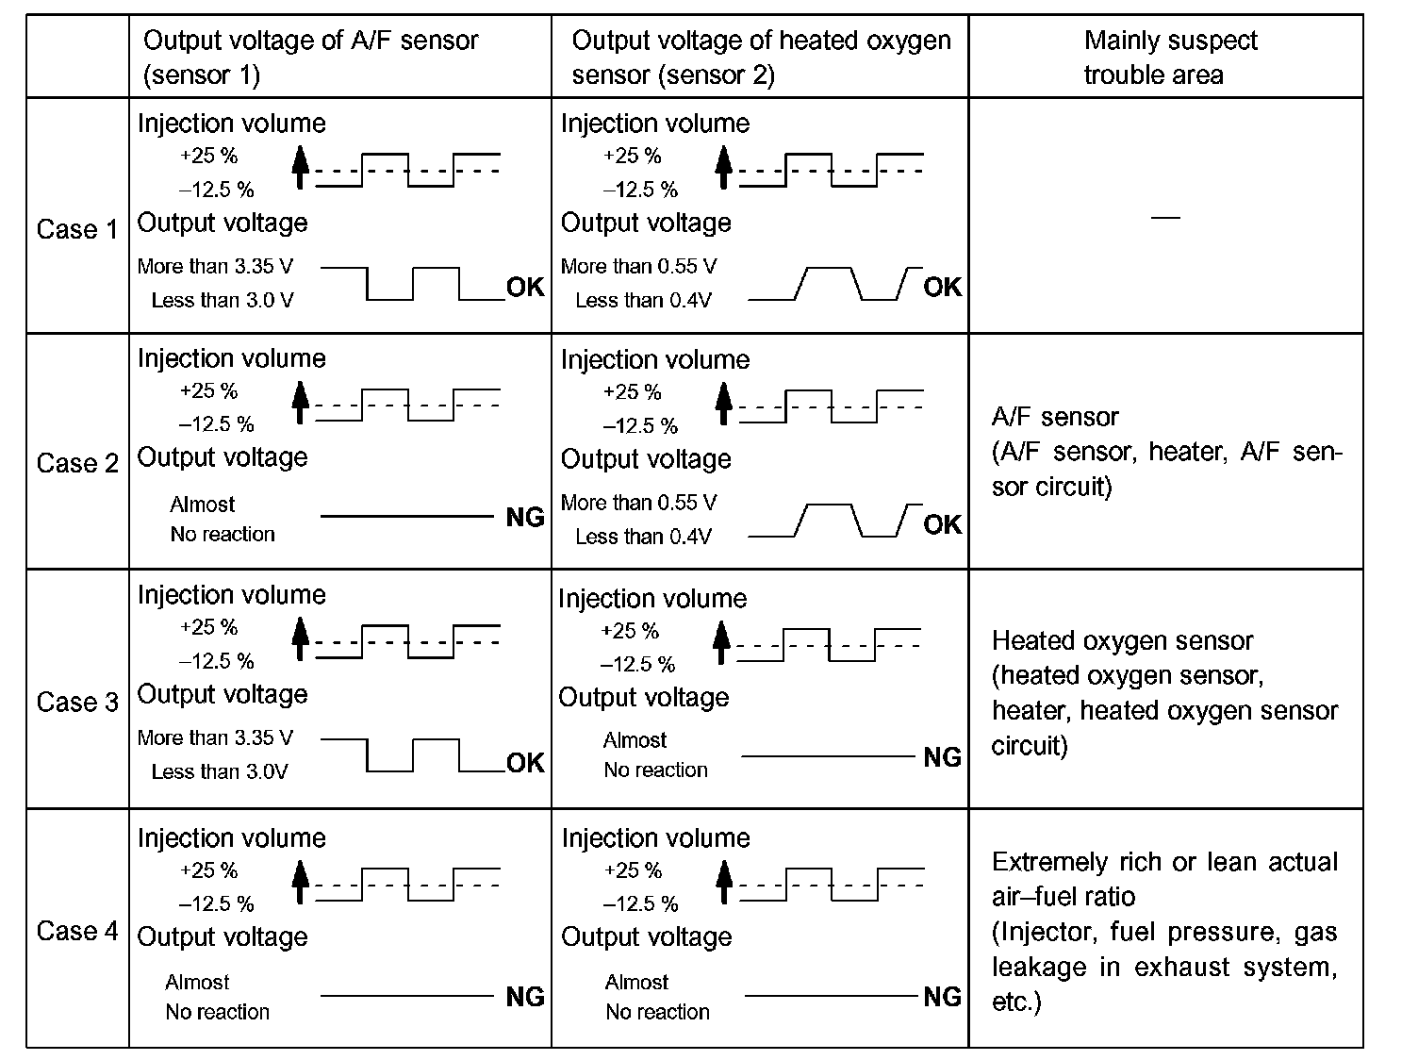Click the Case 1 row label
click(77, 229)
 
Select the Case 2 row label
click(77, 463)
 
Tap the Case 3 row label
click(77, 702)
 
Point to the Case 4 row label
click(77, 931)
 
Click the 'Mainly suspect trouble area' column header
click(1165, 58)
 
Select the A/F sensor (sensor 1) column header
click(310, 58)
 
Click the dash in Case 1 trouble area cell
click(1165, 218)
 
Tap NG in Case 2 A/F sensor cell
click(525, 517)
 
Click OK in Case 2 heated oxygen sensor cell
click(942, 524)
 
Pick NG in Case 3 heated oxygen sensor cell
click(942, 757)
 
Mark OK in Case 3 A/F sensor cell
click(525, 762)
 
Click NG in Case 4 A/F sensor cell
click(525, 997)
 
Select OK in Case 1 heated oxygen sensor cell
click(942, 287)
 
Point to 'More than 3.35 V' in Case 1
click(215, 266)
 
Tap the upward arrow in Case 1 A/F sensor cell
click(300, 167)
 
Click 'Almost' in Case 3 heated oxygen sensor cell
click(635, 740)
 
